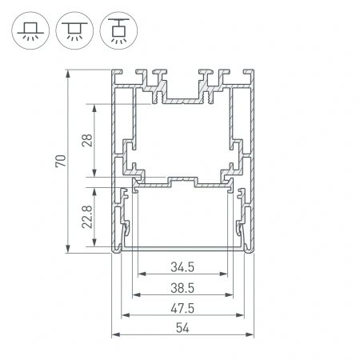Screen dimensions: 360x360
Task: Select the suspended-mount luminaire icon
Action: (118, 30)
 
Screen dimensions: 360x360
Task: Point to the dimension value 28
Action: (87, 142)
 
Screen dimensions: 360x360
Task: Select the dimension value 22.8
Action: (87, 218)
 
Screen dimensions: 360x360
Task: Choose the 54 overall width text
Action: (183, 329)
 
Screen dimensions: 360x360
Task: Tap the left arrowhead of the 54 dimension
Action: (114, 336)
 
